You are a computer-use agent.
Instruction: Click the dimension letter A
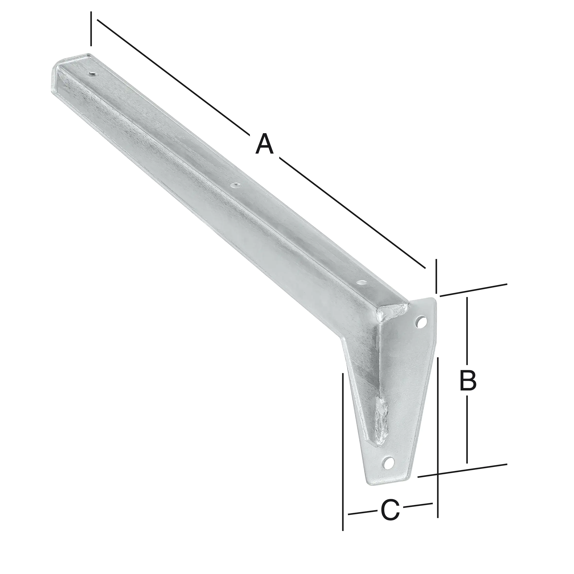point(264,144)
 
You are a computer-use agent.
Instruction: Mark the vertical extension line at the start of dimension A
point(91,29)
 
